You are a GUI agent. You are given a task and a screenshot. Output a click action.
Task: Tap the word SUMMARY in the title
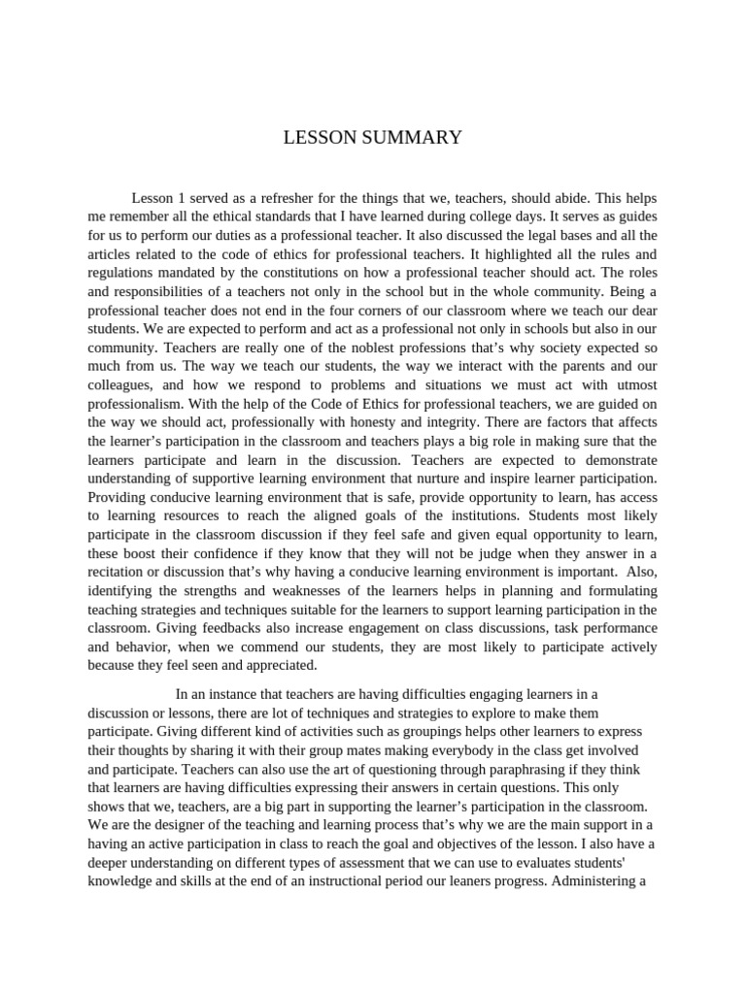[410, 138]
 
